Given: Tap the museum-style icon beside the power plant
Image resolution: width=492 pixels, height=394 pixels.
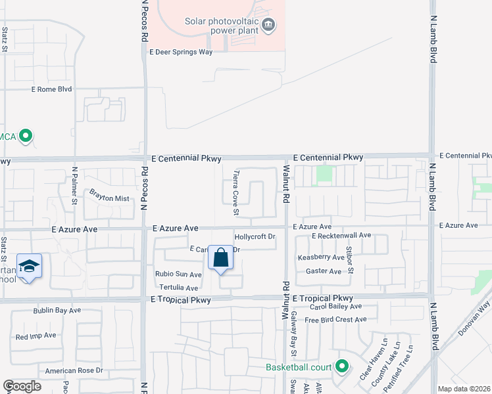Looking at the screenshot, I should coord(268,26).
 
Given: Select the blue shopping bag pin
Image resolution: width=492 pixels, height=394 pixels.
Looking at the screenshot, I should coord(220,258).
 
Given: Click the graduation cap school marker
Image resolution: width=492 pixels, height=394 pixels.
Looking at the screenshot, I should coord(29,266).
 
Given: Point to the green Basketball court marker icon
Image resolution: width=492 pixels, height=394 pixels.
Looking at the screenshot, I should coord(341,366).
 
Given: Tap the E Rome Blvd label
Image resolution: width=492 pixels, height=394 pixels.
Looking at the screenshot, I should coord(51,89).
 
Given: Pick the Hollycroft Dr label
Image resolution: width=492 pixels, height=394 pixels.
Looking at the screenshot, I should coord(254,236).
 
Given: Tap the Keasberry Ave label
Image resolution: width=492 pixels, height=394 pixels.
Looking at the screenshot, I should coord(321,258).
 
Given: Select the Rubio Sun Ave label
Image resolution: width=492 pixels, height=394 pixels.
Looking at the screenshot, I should coord(178,274).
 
